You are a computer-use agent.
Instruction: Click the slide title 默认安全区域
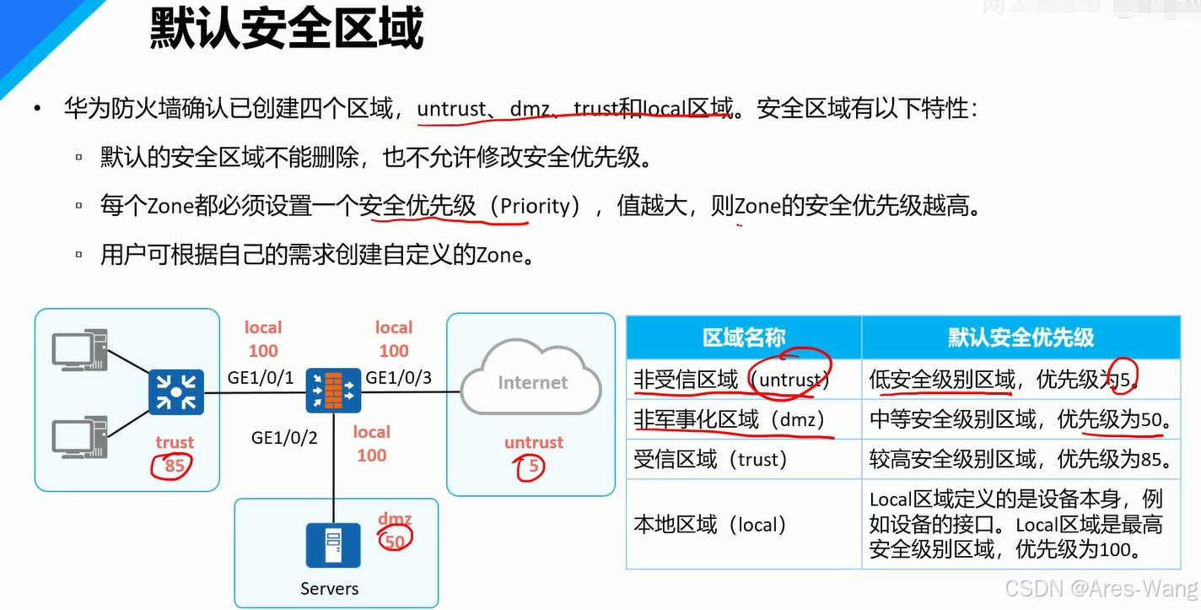[287, 30]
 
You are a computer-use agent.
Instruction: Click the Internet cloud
[532, 384]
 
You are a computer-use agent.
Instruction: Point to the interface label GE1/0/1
[261, 378]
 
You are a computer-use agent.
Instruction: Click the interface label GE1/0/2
[284, 437]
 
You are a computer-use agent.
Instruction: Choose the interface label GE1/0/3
[399, 378]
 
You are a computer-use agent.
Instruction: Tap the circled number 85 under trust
[174, 466]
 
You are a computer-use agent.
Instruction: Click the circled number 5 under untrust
[532, 466]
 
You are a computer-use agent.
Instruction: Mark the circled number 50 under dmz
[395, 541]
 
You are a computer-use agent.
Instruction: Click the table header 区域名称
[744, 337]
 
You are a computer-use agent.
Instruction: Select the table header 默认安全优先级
[1021, 337]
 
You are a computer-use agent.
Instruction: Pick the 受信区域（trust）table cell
[710, 460]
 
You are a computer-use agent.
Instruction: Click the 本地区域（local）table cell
[710, 525]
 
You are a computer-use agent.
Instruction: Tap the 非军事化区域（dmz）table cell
[729, 419]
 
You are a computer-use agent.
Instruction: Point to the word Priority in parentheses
[539, 207]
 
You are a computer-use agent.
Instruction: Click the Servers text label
[330, 589]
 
